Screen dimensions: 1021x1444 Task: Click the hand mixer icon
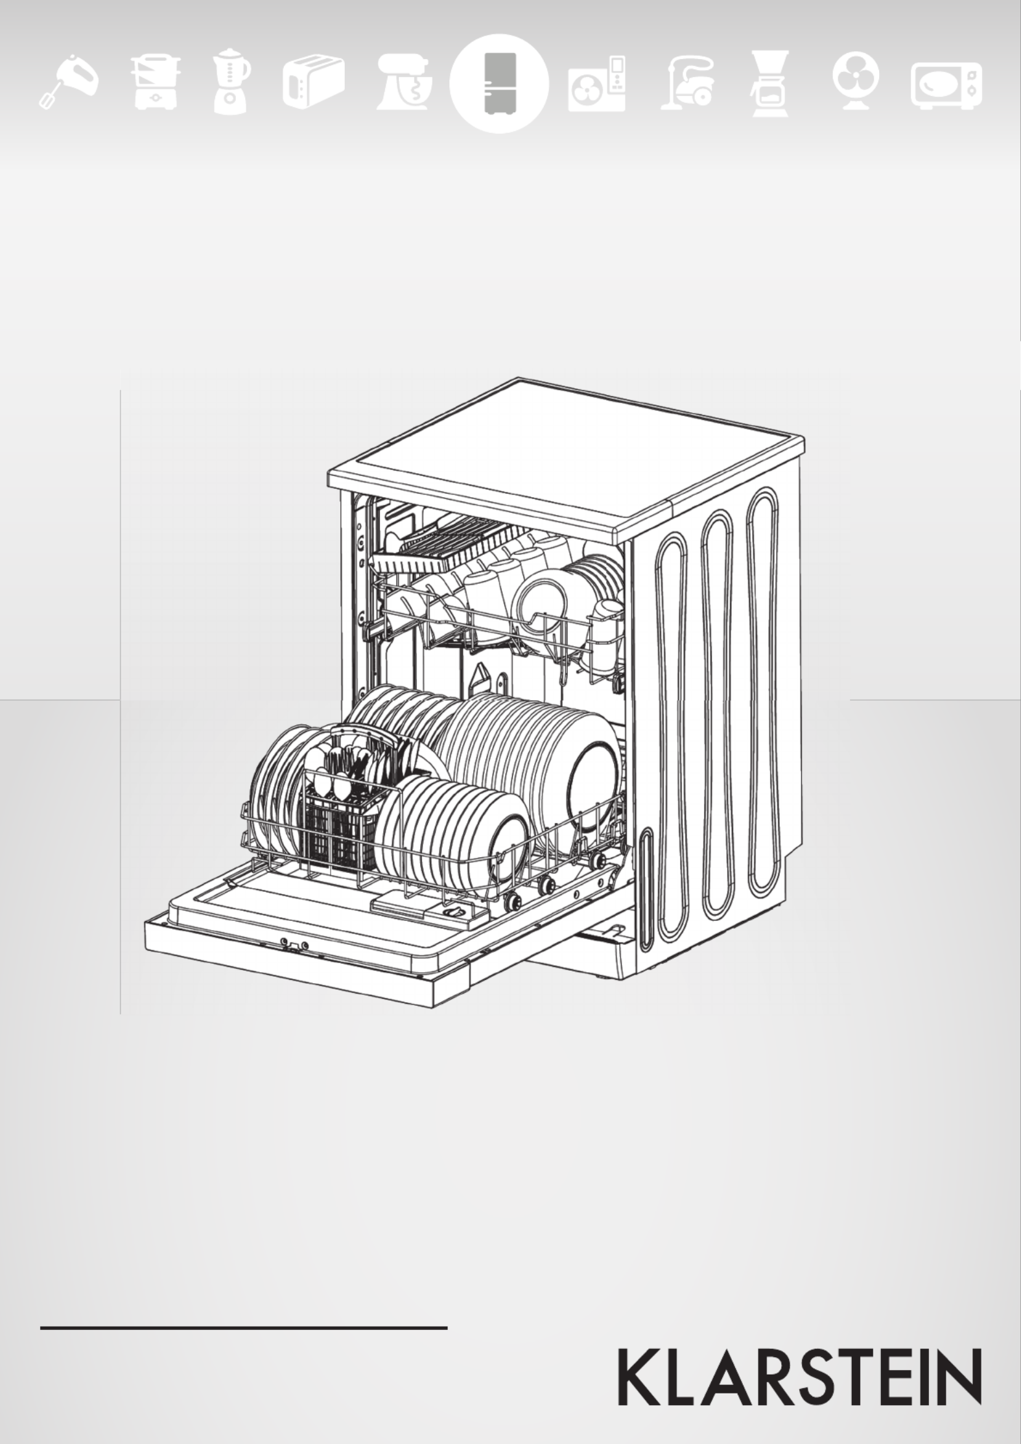pyautogui.click(x=67, y=82)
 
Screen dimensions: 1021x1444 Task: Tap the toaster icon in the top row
pyautogui.click(x=313, y=84)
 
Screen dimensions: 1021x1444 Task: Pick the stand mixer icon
pyautogui.click(x=404, y=84)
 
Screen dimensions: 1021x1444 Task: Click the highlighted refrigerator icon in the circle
pyautogui.click(x=499, y=84)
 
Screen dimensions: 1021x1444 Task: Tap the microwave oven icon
pyautogui.click(x=946, y=86)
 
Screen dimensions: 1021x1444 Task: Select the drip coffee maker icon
pyautogui.click(x=770, y=84)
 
